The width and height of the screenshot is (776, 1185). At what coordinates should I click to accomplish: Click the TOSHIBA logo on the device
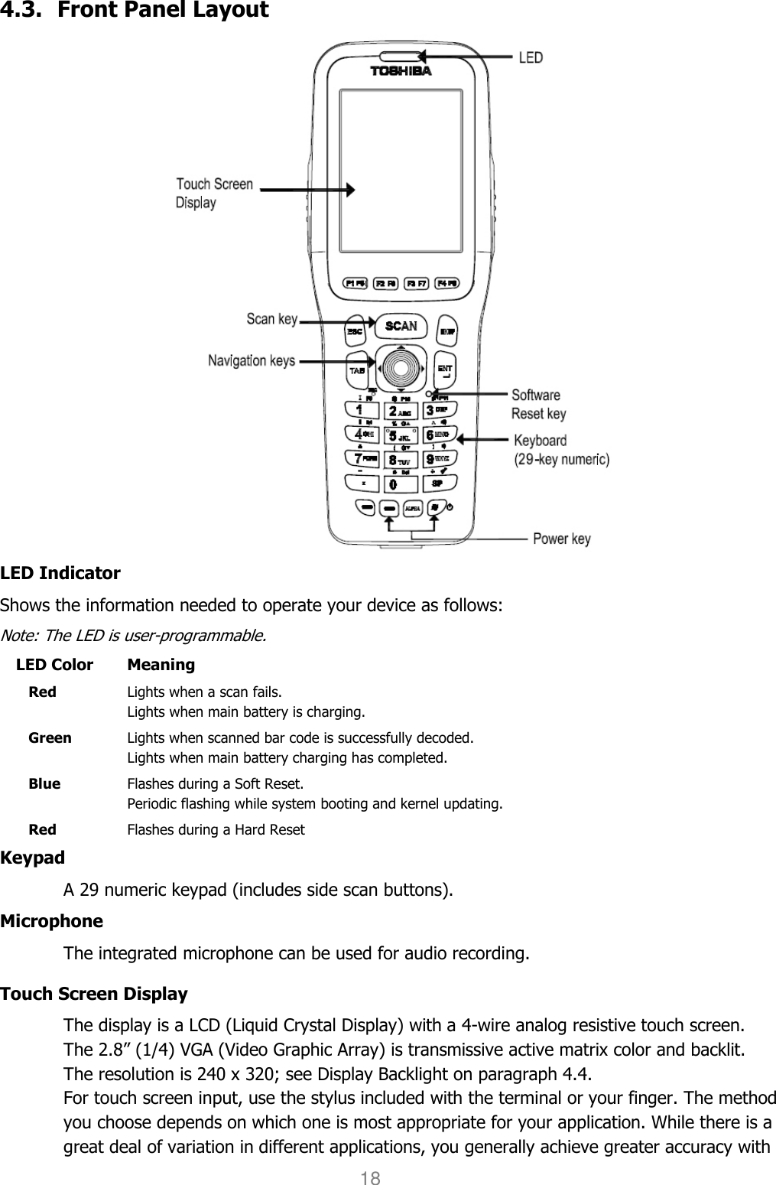[x=401, y=71]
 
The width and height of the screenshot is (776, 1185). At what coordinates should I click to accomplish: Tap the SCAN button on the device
[x=401, y=326]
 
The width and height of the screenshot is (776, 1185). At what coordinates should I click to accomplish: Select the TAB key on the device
[x=356, y=371]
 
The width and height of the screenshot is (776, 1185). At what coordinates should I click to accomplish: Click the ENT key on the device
[x=444, y=370]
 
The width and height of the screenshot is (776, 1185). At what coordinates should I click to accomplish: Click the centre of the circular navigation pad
[x=401, y=368]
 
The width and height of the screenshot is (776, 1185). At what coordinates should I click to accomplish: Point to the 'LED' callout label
[x=531, y=58]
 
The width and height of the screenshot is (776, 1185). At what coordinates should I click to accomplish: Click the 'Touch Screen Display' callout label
[x=214, y=194]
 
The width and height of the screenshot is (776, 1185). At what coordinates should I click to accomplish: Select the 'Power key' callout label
[x=561, y=539]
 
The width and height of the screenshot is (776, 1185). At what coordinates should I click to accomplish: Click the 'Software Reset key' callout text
[x=538, y=404]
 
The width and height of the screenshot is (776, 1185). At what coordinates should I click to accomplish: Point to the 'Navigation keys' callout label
[x=252, y=360]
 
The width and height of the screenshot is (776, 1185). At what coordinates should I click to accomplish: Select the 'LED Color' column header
[x=54, y=665]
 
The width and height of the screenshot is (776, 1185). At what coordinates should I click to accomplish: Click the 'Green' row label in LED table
[x=50, y=738]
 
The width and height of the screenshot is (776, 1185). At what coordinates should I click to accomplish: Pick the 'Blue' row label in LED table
[x=44, y=784]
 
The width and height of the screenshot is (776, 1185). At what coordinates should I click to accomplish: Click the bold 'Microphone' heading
[x=51, y=921]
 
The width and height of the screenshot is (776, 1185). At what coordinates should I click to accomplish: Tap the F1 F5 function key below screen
[x=355, y=284]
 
